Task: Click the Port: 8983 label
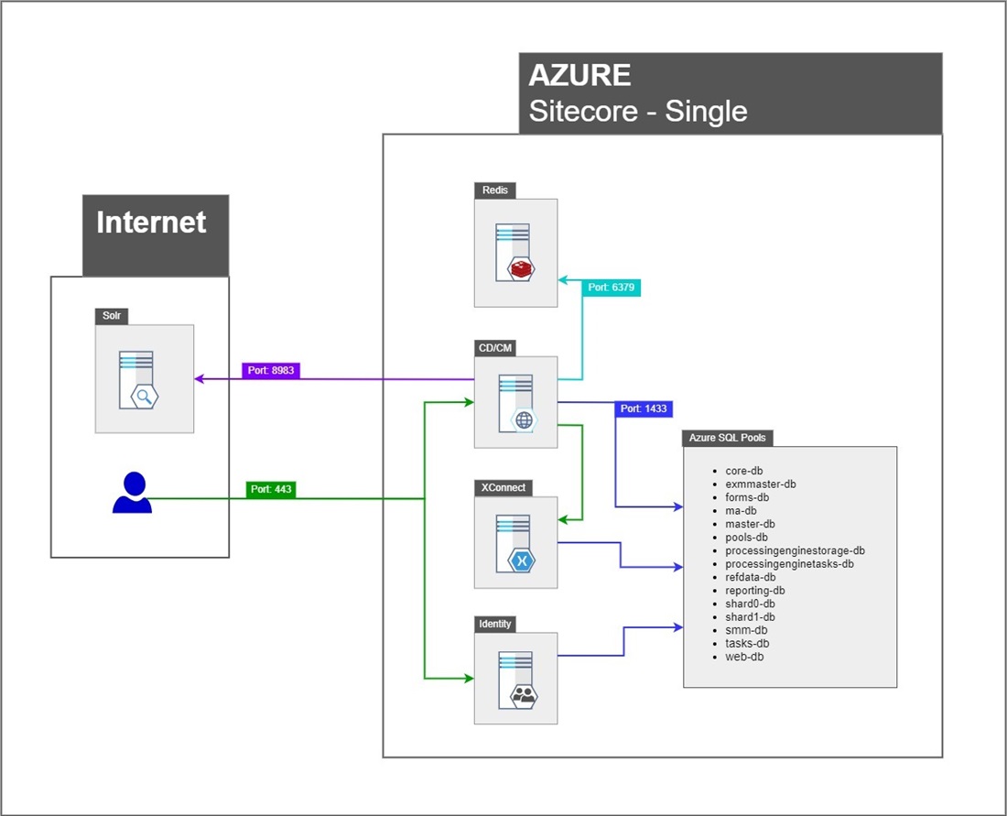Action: click(x=270, y=371)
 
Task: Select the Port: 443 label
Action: click(x=270, y=490)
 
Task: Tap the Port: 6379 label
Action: click(x=611, y=288)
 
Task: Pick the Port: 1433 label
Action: click(x=644, y=408)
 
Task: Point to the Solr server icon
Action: click(x=144, y=378)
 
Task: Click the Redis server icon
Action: click(x=515, y=253)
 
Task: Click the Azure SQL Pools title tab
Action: click(x=728, y=438)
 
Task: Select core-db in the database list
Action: click(x=743, y=470)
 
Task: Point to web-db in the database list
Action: click(x=744, y=657)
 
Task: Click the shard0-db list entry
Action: click(x=750, y=604)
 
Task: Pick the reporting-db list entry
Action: click(x=754, y=591)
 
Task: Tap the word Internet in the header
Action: click(x=151, y=223)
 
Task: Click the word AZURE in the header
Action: click(x=579, y=75)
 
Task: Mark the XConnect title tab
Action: click(x=503, y=487)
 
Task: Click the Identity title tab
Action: click(x=495, y=624)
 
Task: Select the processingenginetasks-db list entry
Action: click(x=789, y=564)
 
